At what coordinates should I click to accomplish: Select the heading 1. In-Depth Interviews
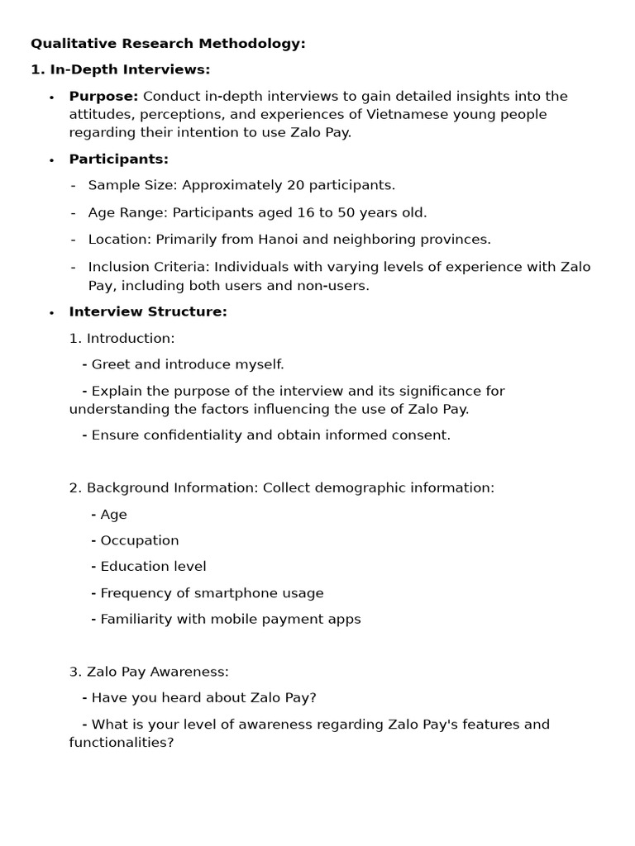point(120,69)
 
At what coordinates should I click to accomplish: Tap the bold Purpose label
point(103,96)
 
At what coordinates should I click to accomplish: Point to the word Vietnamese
point(388,114)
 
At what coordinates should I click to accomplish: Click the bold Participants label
point(118,159)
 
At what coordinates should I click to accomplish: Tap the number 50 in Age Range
point(346,212)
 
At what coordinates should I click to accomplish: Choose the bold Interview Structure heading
point(147,311)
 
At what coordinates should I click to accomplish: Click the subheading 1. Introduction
point(122,338)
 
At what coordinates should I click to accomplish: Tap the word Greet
point(110,364)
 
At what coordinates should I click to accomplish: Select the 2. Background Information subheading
point(164,487)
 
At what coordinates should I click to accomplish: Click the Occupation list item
point(139,540)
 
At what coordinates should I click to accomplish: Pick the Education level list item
point(153,567)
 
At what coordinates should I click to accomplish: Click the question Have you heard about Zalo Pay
point(203,698)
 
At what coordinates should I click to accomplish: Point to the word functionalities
point(121,743)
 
